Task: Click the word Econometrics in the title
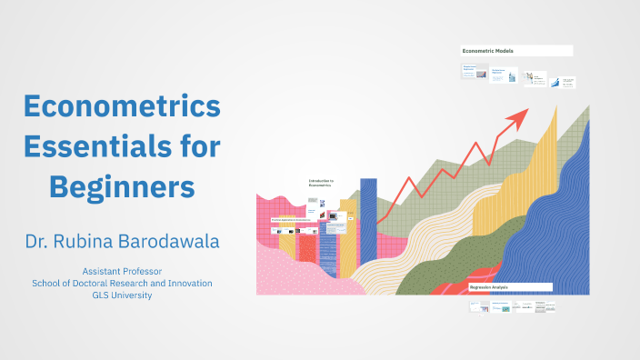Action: click(122, 106)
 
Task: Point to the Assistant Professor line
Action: click(122, 272)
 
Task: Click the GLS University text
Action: click(122, 295)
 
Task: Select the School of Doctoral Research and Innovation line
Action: click(122, 284)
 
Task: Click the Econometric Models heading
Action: click(488, 51)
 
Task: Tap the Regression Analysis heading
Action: click(489, 287)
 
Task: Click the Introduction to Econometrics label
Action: click(321, 183)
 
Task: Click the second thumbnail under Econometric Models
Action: click(499, 77)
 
